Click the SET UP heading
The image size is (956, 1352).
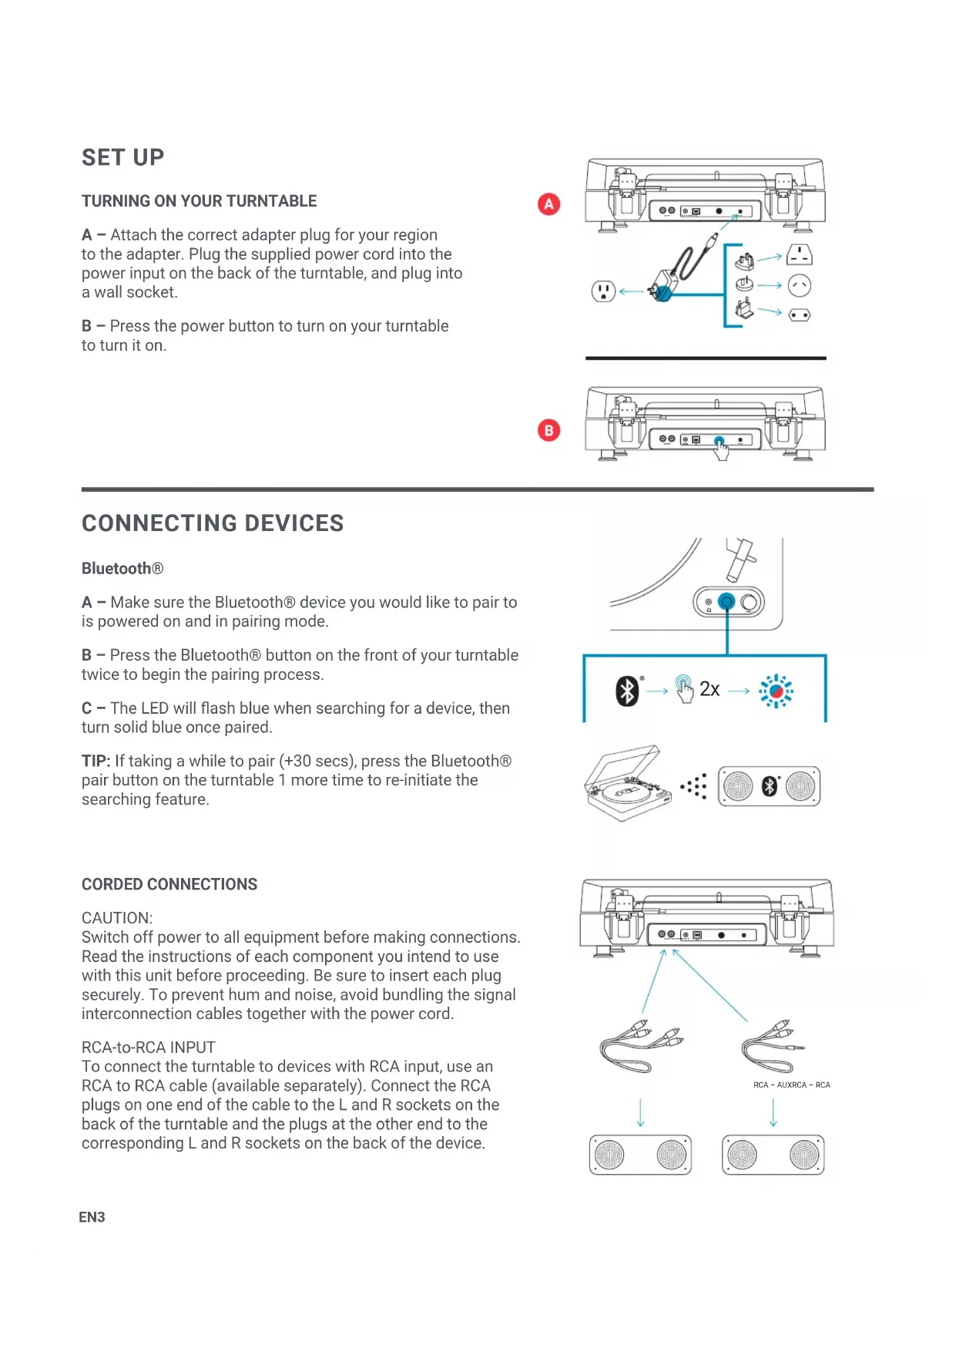pos(122,157)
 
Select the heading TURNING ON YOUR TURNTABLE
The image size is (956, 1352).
pos(199,201)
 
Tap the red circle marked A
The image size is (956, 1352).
pos(548,204)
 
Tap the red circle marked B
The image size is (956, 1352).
pos(548,430)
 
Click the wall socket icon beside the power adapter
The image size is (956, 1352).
pos(602,291)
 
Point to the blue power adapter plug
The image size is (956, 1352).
pos(662,291)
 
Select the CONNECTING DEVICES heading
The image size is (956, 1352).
pos(213,523)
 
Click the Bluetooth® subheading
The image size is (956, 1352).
pos(122,569)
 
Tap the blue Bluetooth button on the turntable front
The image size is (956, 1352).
pos(726,601)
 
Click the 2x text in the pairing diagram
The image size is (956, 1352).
pos(709,689)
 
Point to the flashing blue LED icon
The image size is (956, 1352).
pos(776,691)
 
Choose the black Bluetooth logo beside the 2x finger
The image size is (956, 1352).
pos(627,691)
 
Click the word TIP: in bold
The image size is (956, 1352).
pos(96,762)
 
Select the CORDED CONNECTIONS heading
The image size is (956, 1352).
pos(169,885)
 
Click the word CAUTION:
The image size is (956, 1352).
pos(117,918)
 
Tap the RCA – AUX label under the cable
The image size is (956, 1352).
pos(780,1085)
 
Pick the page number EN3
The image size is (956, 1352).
pos(92,1217)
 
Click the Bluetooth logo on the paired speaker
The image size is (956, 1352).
pos(769,786)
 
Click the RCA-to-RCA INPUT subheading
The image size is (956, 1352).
pos(149,1048)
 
